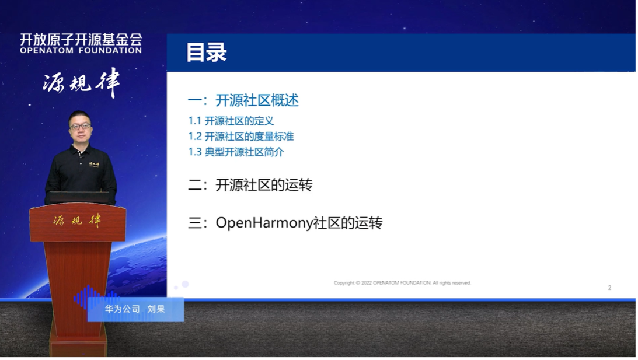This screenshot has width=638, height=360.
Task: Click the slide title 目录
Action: [206, 53]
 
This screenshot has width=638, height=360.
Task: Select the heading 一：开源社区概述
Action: [243, 100]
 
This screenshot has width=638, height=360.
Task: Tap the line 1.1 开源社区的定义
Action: [231, 121]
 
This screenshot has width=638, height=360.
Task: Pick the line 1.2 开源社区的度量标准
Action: [240, 137]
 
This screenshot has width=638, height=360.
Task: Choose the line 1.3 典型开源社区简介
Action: [236, 152]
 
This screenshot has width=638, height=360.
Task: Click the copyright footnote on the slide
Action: [402, 283]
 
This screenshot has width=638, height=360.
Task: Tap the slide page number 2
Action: [609, 288]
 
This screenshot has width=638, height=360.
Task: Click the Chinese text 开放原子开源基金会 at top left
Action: [81, 39]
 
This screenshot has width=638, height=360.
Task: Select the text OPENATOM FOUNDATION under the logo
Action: [81, 51]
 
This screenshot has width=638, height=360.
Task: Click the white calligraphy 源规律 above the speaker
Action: [81, 83]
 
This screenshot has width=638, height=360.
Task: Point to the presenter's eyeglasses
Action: [80, 125]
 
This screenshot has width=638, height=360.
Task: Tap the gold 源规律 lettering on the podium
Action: [77, 221]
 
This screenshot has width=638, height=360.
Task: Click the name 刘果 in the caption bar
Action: [156, 309]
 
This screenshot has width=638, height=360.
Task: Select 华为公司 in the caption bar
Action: [123, 309]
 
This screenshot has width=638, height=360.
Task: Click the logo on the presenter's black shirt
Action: [93, 165]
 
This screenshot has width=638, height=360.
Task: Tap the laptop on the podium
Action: [78, 197]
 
